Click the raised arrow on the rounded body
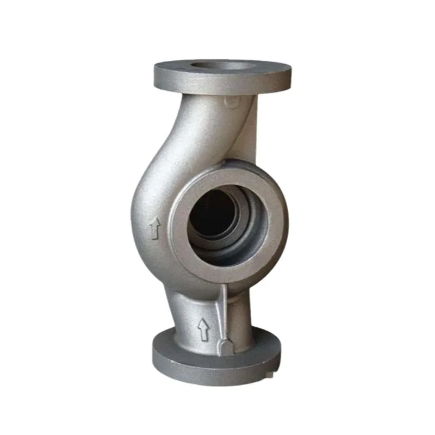[155, 228]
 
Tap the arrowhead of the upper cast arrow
[155, 222]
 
